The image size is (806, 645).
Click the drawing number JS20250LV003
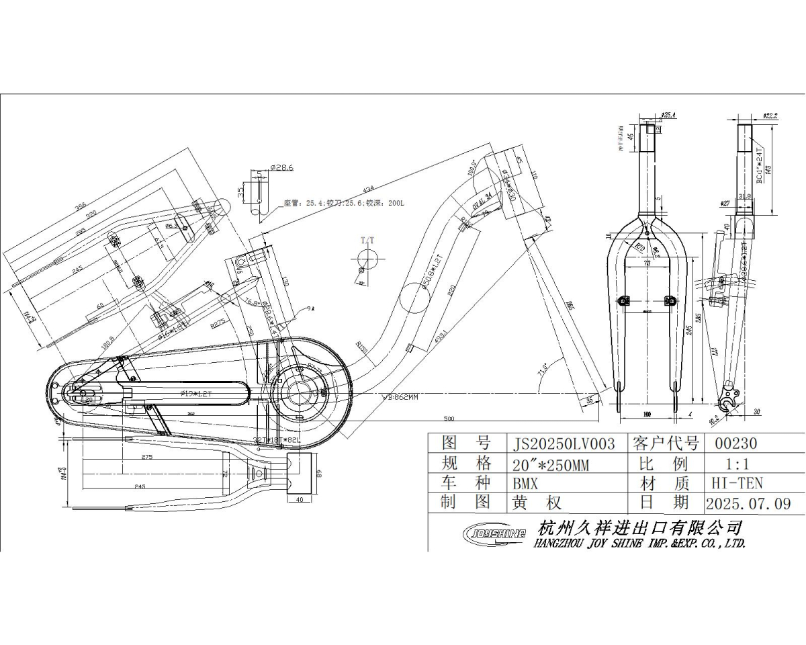[x=564, y=444]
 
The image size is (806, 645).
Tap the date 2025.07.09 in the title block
[x=748, y=503]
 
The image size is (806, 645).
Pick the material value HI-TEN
[x=737, y=482]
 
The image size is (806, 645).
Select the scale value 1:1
[x=737, y=464]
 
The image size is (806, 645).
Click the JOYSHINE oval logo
[x=495, y=534]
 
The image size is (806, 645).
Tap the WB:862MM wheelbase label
[x=400, y=397]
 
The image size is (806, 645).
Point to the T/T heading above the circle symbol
[x=368, y=240]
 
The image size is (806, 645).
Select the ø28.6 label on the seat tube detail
[x=281, y=167]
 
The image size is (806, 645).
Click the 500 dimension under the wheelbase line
[x=449, y=419]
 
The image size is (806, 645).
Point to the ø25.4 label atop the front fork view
[x=668, y=115]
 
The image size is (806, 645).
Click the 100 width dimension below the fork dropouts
[x=647, y=414]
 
